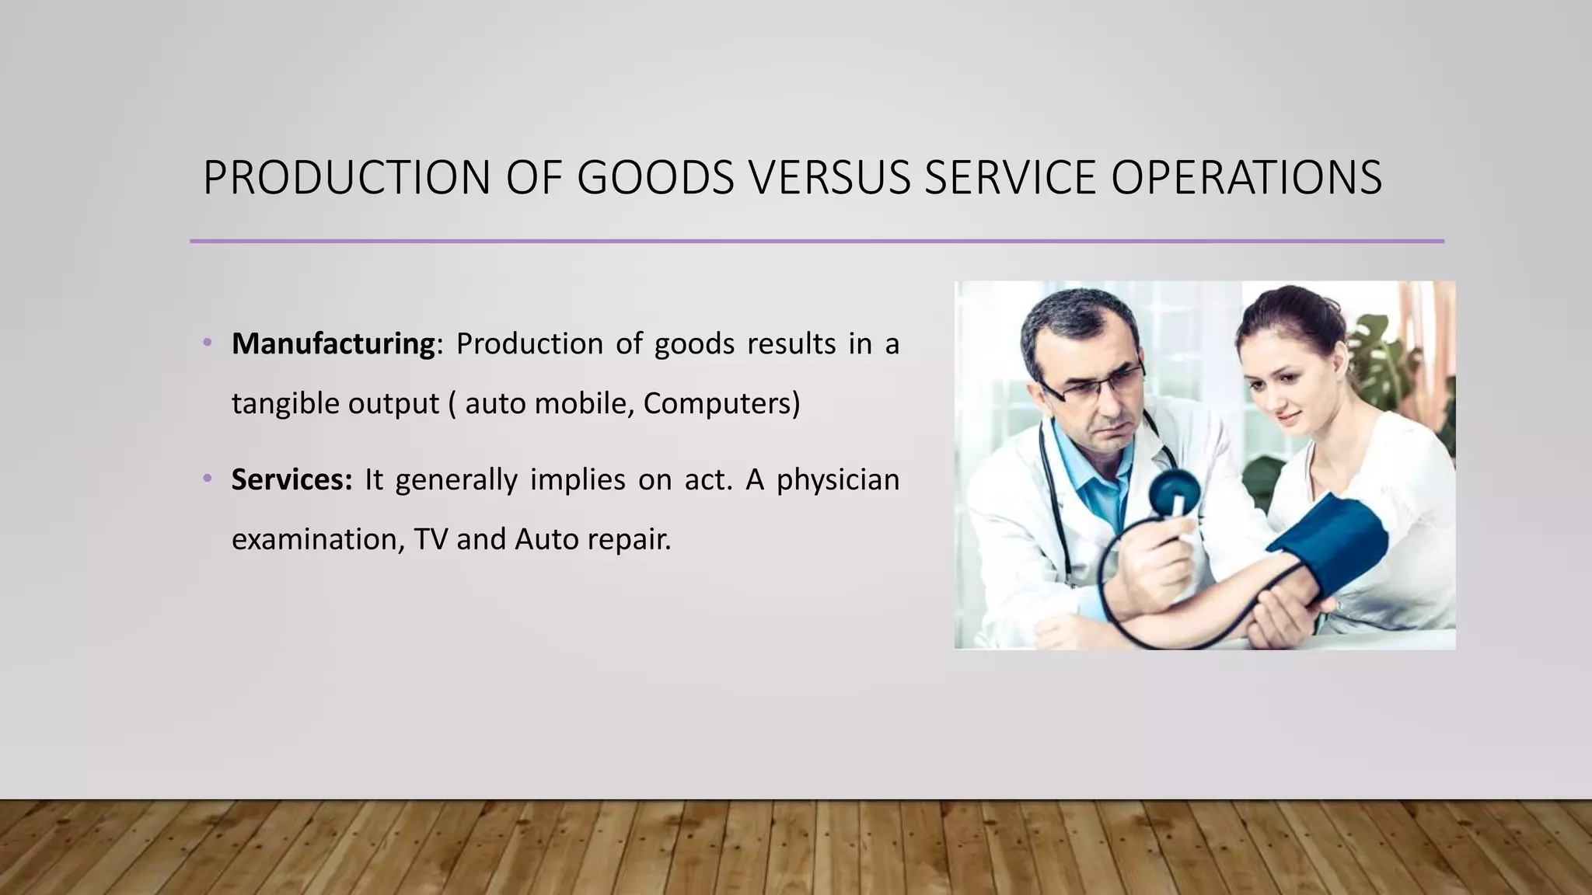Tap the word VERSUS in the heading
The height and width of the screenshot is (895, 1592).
(x=829, y=177)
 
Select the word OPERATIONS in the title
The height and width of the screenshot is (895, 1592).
(x=1246, y=177)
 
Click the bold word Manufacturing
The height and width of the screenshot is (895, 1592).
(x=333, y=344)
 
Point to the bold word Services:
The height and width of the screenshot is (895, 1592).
(x=292, y=480)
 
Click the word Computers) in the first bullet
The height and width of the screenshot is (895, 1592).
(x=721, y=403)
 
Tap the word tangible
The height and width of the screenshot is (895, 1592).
(x=284, y=403)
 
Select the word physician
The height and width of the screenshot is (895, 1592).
(x=837, y=480)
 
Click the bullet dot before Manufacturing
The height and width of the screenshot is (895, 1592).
(x=207, y=342)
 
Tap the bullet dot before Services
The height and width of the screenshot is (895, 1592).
(x=207, y=478)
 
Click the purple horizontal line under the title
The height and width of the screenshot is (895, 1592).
(x=816, y=241)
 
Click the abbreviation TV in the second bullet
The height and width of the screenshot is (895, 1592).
(x=430, y=539)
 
